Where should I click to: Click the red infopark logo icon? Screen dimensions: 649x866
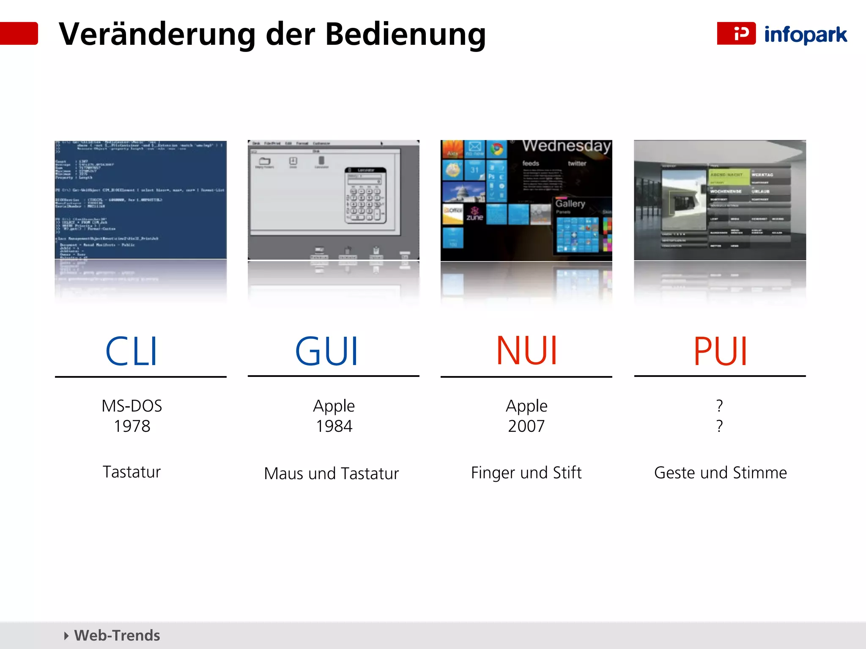click(736, 33)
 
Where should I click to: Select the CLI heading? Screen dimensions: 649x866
click(132, 352)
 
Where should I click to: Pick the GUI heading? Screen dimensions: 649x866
click(326, 352)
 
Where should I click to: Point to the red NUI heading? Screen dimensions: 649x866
click(526, 351)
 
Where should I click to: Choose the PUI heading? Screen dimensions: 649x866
click(720, 352)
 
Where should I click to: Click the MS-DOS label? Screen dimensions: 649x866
click(132, 406)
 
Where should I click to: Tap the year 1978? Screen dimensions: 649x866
click(132, 426)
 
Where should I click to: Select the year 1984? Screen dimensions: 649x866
click(334, 426)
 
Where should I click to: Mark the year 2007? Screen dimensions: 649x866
click(526, 426)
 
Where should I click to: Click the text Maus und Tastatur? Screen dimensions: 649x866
click(332, 474)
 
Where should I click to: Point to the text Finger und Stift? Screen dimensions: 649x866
click(526, 473)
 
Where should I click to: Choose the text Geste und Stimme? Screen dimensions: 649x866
click(720, 473)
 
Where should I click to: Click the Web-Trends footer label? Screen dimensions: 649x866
click(117, 635)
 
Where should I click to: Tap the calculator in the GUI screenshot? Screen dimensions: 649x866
click(365, 195)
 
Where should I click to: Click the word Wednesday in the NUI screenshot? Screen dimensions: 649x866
click(566, 146)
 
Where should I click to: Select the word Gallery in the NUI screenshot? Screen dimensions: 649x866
click(570, 204)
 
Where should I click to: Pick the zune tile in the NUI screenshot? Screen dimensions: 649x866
click(474, 215)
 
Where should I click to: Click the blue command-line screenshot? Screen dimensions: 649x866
click(141, 199)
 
